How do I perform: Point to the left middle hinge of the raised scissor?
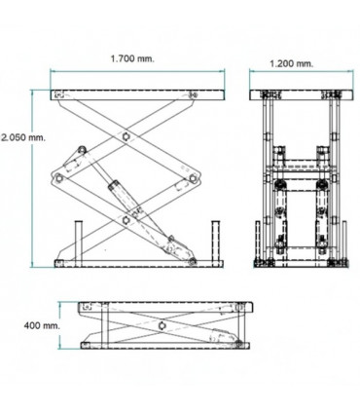click(59, 176)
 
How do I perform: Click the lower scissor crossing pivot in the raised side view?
click(126, 221)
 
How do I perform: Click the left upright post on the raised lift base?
click(78, 241)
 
